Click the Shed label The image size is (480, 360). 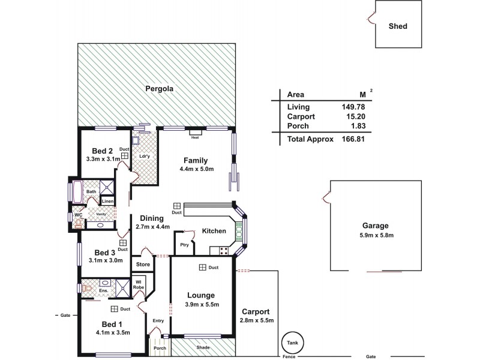[x=398, y=26]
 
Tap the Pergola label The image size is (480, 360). [x=160, y=89]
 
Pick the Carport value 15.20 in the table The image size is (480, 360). [x=354, y=116]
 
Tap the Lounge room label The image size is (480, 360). [x=202, y=295]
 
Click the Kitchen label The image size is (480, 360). [x=214, y=230]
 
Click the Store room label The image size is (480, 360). [x=143, y=264]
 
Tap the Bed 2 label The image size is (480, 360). [x=103, y=151]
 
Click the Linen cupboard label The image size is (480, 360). [x=107, y=202]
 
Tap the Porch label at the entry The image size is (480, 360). [x=160, y=348]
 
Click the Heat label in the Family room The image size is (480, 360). [x=194, y=137]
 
